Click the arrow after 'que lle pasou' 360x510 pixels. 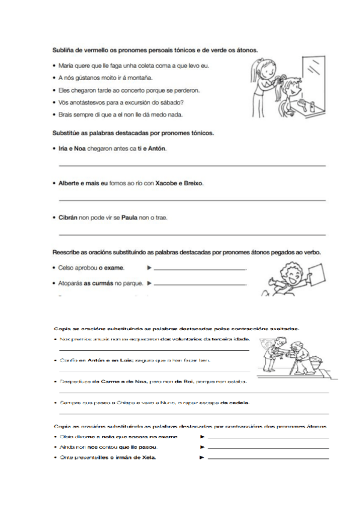[x=203, y=447]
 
